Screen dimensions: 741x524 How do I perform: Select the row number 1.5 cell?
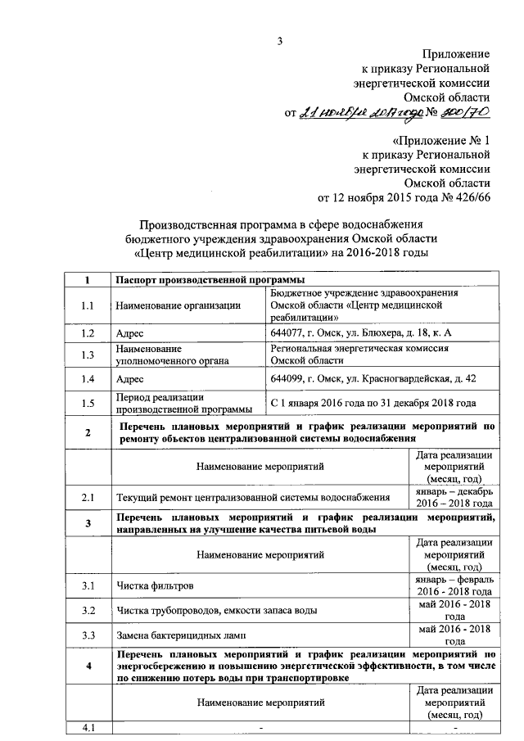point(88,402)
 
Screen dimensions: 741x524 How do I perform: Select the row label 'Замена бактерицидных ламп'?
point(181,635)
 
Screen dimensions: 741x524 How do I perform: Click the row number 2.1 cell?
point(88,497)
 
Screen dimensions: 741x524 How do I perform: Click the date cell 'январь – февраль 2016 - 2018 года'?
point(453,585)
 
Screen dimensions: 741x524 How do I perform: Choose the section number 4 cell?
point(88,666)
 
